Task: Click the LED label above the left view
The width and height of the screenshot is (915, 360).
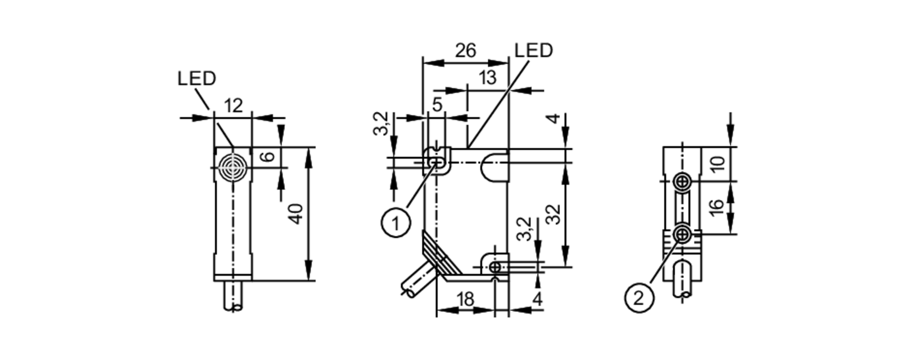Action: (196, 79)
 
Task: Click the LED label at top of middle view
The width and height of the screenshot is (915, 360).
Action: (533, 50)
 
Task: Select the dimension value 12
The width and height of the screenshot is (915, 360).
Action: (233, 106)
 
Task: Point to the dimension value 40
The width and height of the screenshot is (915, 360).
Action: (297, 214)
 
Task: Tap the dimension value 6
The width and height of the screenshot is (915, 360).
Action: (268, 156)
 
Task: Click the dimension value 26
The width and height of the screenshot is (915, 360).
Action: (465, 50)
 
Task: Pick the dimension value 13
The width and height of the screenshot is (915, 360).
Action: (488, 78)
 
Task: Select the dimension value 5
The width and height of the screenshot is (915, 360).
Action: (437, 105)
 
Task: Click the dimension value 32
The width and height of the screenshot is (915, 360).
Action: (554, 214)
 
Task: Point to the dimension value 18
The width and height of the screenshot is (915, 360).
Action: (465, 300)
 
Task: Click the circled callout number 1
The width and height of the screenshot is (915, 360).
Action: (396, 223)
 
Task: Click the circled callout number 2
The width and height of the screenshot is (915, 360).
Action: (639, 298)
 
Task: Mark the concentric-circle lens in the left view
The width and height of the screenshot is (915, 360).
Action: (233, 167)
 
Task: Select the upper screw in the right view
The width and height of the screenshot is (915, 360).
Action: (683, 182)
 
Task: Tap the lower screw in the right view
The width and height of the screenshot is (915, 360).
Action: (683, 235)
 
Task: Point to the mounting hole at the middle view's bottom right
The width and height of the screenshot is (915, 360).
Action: (495, 267)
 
